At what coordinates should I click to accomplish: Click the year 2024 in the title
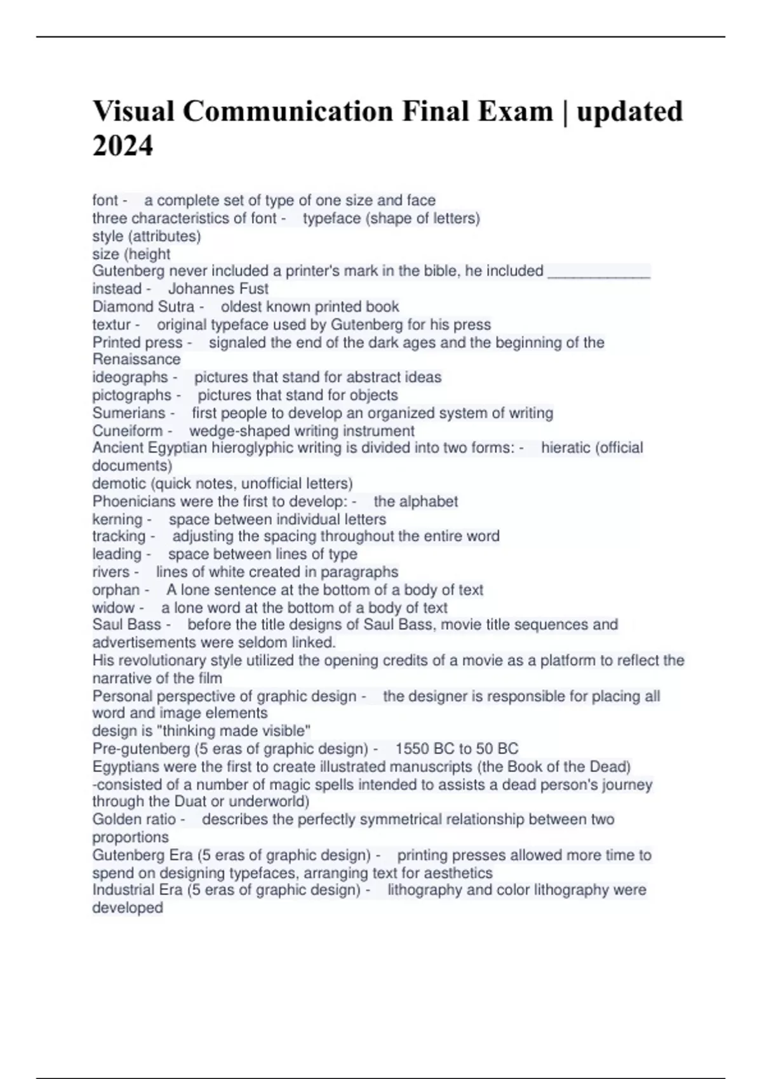[123, 146]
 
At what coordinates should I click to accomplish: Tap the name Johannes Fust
[218, 289]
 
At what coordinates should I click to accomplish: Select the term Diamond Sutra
[144, 307]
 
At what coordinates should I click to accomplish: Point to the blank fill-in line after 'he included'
[598, 272]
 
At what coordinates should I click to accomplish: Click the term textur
[111, 325]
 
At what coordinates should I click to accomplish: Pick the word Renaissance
[137, 359]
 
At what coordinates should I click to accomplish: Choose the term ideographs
[130, 377]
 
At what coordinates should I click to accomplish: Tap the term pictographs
[132, 395]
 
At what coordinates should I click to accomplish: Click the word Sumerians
[129, 413]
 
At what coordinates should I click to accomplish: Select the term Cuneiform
[128, 431]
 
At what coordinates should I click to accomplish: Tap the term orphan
[116, 590]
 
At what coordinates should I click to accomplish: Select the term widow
[114, 607]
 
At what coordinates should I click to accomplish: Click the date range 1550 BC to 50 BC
[457, 749]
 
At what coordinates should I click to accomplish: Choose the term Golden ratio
[134, 819]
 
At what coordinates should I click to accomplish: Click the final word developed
[128, 908]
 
